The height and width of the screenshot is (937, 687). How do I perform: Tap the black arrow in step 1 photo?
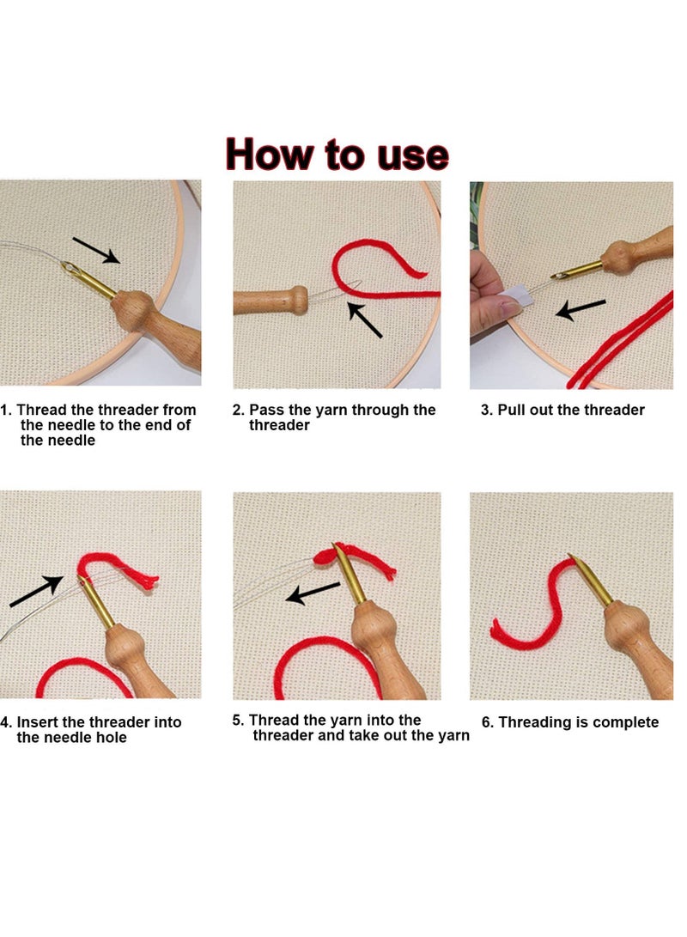(96, 250)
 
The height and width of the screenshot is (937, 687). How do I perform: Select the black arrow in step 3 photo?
(581, 308)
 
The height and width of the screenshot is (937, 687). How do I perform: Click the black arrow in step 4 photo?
(36, 593)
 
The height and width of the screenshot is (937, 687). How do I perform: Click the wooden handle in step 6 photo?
(635, 644)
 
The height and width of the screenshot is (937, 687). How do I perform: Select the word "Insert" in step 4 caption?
(41, 722)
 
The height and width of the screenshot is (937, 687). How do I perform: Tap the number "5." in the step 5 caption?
(239, 720)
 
